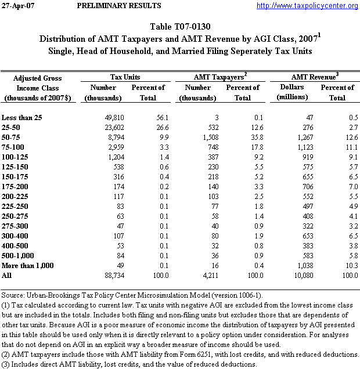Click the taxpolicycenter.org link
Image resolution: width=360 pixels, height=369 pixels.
pyautogui.click(x=307, y=6)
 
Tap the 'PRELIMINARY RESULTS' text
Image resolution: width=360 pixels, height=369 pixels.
pyautogui.click(x=119, y=6)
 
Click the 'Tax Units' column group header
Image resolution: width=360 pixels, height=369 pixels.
pyautogui.click(x=125, y=77)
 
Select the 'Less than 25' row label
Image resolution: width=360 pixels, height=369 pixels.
pyautogui.click(x=22, y=118)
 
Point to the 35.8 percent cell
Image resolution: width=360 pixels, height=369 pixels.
pyautogui.click(x=239, y=138)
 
